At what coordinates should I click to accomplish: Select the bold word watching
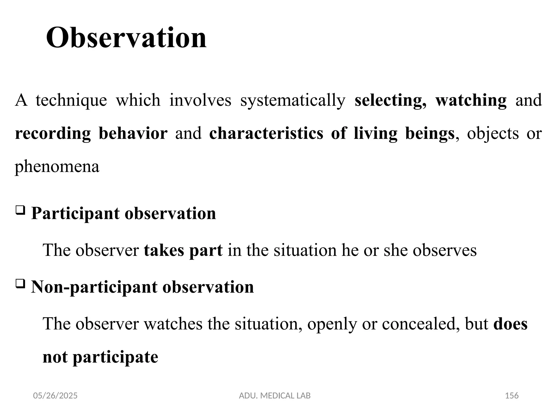(x=471, y=100)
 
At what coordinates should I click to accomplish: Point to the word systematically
(x=293, y=100)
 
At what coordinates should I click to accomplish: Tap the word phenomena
(x=57, y=167)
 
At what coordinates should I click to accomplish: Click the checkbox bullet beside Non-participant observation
(x=20, y=284)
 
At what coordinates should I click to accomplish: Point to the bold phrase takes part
(x=183, y=250)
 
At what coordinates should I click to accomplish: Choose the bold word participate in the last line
(x=115, y=357)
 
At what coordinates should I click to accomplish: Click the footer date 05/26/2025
(x=55, y=396)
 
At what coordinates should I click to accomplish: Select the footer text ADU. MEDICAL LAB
(x=275, y=396)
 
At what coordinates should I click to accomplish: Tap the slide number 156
(x=512, y=396)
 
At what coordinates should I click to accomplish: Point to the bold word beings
(x=430, y=134)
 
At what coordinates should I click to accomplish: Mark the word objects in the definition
(x=492, y=134)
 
